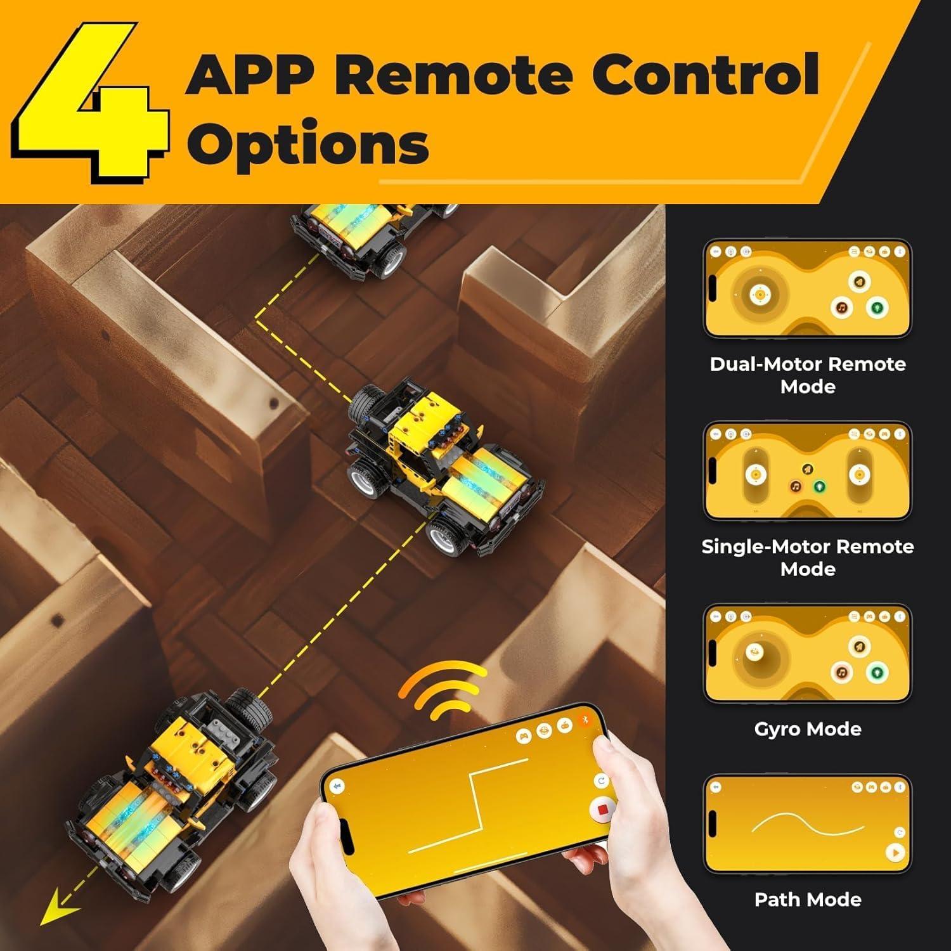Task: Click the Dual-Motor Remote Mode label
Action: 808,375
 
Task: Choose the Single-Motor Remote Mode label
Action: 808,557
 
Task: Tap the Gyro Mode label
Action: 808,729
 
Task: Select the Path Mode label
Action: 808,899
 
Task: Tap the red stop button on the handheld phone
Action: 602,810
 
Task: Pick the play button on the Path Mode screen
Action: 895,853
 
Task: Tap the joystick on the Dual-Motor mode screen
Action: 759,294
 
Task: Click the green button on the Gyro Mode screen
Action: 877,671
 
